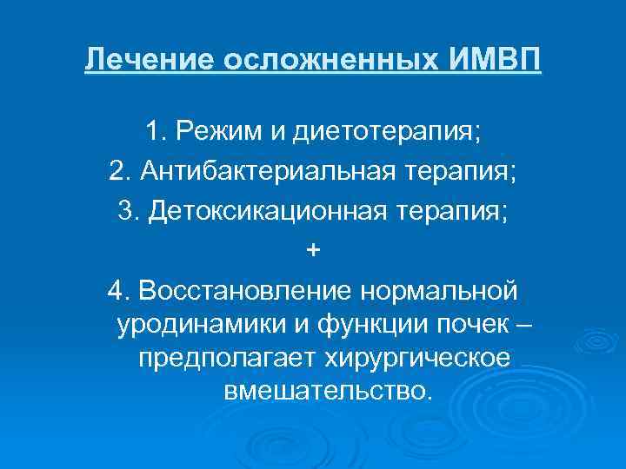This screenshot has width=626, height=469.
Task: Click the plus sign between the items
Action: coord(313,249)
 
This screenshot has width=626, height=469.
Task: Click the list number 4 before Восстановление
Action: coord(117,288)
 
